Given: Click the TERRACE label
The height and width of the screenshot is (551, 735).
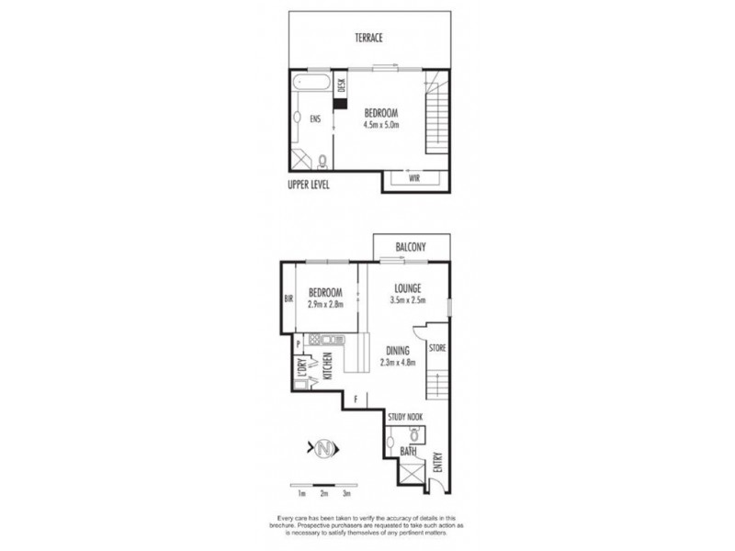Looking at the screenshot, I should coord(369,38).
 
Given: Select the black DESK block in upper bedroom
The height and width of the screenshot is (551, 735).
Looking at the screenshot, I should coord(340,104).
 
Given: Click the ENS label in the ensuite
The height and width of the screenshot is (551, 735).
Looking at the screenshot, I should coord(315,118).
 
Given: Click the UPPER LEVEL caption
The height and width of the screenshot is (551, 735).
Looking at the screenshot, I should coord(308,186).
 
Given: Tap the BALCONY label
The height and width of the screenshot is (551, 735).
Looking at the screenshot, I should coord(411,247).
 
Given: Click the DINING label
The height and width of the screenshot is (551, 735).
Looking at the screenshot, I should coord(399,350).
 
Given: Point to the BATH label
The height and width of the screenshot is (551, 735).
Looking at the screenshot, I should coord(410,452).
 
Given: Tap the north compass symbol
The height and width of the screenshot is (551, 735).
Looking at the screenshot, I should coord(323,449).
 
